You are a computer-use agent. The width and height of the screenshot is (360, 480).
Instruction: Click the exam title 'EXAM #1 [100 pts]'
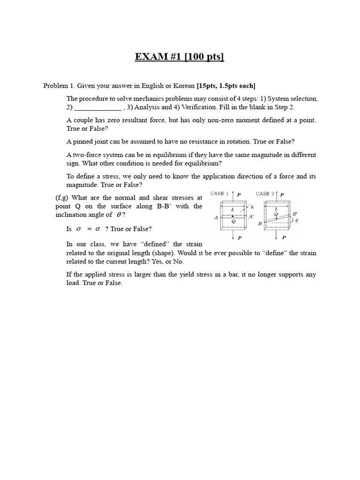coord(180,57)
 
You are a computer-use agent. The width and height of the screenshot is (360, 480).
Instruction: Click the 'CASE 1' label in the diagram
coord(219,193)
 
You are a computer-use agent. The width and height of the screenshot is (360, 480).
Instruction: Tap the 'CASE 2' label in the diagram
coord(265,193)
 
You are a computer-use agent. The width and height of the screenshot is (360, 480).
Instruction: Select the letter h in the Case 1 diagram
coord(252,206)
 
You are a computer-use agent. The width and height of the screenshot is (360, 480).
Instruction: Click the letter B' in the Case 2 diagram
coord(294,214)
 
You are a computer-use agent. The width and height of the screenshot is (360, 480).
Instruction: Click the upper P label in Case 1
coord(240,194)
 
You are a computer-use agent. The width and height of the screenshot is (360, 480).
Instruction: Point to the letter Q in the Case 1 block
coord(233,220)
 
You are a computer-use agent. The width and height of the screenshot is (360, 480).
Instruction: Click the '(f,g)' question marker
coord(63,198)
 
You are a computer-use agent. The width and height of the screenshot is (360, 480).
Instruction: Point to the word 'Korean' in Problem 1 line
coord(184,85)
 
